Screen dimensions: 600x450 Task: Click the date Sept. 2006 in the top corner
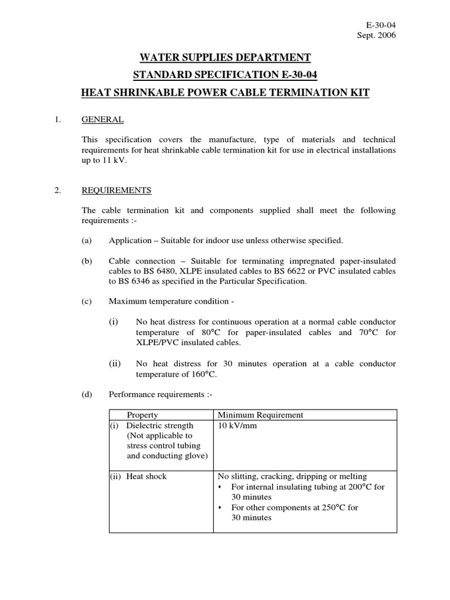376,35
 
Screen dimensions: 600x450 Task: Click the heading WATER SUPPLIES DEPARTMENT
225,57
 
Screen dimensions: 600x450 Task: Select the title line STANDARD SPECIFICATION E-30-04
225,75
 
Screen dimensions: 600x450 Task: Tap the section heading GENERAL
103,120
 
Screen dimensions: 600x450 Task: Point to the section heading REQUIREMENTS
117,190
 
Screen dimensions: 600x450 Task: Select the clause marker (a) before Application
87,241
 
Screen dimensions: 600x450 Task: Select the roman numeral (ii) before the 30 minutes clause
114,364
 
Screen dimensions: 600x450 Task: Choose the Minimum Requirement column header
261,415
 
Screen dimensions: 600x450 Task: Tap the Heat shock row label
147,476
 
